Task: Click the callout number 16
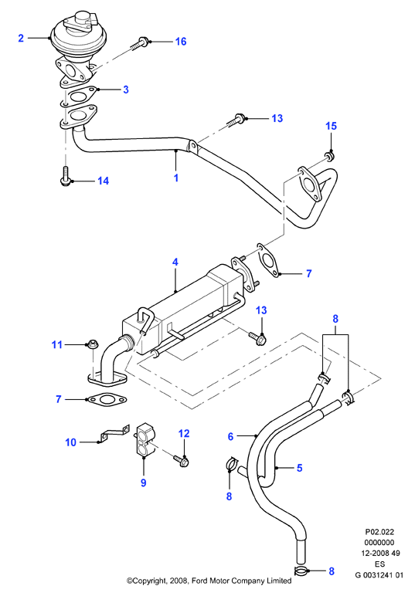click(181, 41)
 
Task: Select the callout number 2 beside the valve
click(21, 38)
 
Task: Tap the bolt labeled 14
click(65, 175)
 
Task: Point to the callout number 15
click(331, 126)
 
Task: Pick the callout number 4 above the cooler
click(175, 262)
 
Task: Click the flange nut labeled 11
click(93, 344)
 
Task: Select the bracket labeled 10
click(114, 434)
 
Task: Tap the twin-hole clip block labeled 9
click(145, 439)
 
